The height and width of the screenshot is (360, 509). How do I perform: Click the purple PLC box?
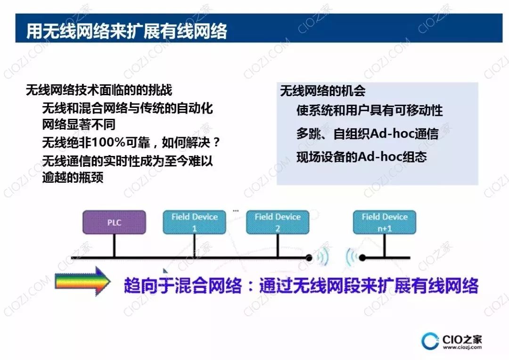coord(114,222)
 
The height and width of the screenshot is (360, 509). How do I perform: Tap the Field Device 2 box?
coord(278,222)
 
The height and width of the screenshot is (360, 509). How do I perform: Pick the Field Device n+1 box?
coord(384,222)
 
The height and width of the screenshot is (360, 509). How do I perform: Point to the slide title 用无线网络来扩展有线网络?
coord(127,31)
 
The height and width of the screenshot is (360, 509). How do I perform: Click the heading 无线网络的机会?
coord(323,91)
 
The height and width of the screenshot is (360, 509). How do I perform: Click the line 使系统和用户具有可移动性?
coord(369,111)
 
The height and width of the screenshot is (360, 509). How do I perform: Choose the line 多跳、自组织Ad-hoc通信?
coord(367,134)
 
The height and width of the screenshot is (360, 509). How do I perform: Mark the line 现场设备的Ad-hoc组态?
coord(361,156)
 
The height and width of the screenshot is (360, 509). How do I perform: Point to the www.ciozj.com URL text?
coord(462,347)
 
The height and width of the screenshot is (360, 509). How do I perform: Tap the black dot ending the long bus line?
coord(309,258)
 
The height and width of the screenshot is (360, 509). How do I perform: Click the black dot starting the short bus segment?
coord(363,258)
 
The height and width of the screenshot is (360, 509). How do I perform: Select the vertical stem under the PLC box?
coord(114,245)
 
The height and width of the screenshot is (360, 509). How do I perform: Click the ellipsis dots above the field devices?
coord(236,210)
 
